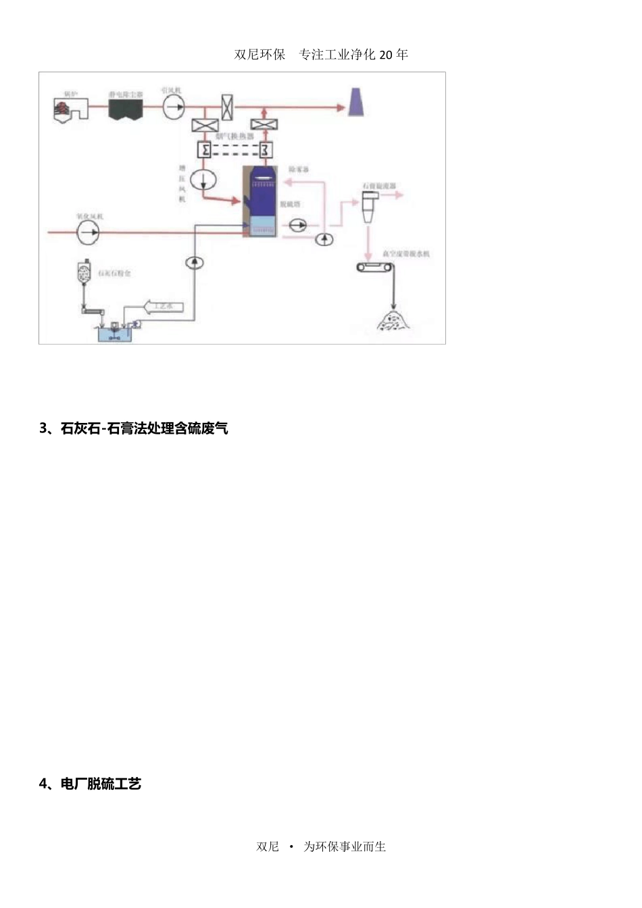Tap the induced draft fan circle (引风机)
173,107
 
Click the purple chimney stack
355,102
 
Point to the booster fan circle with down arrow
201,179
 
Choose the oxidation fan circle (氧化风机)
87,232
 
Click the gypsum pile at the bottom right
393,320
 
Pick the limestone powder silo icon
84,274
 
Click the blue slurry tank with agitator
116,332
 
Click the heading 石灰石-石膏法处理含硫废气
144,428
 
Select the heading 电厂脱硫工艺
101,784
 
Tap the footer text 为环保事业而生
345,847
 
